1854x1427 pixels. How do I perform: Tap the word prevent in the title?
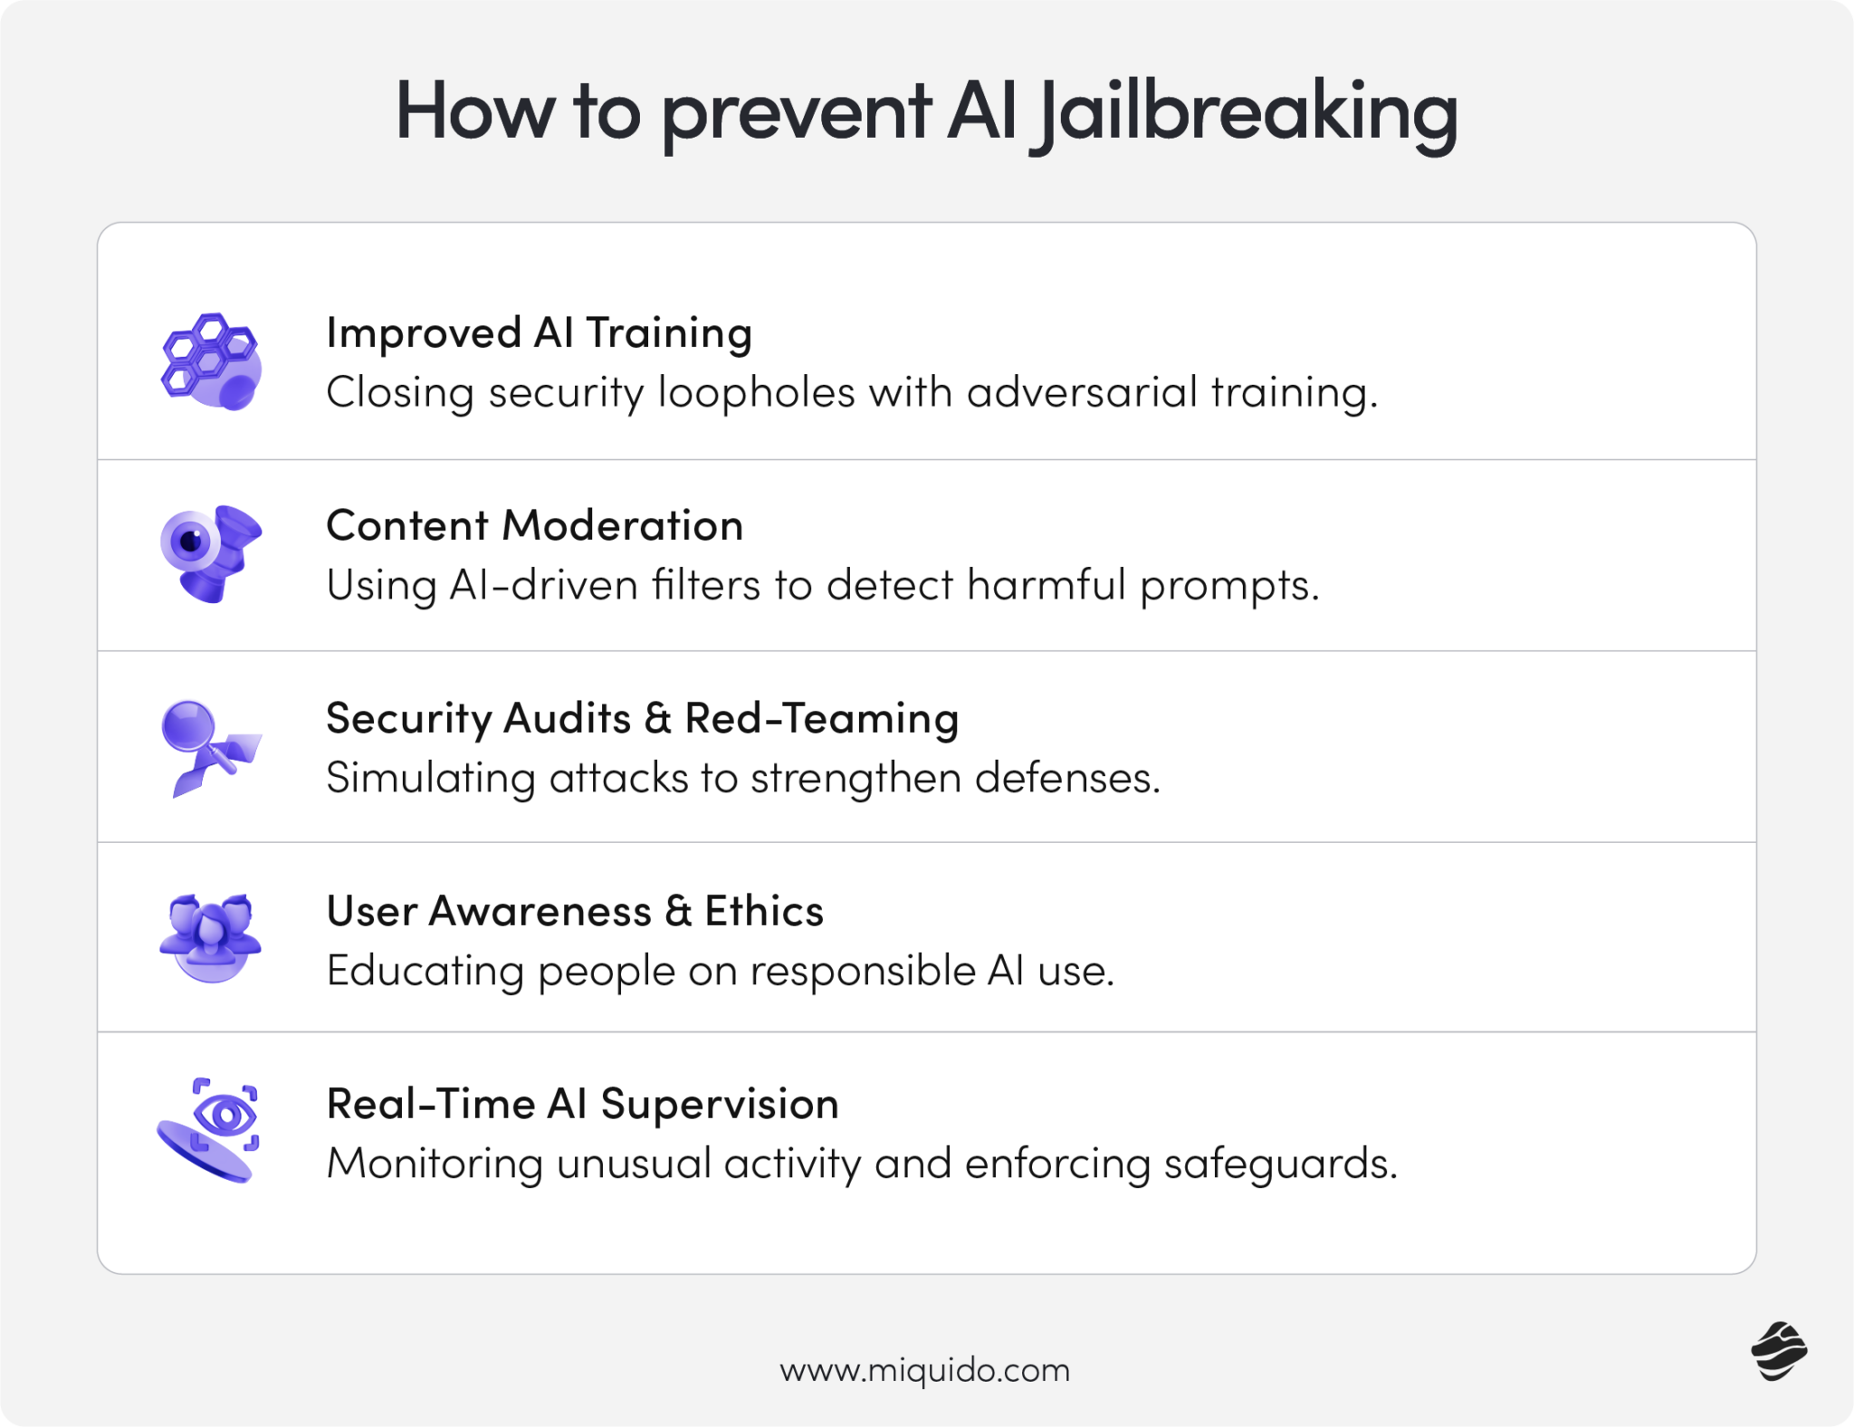pyautogui.click(x=797, y=112)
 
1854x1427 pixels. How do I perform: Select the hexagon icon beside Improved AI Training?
pyautogui.click(x=211, y=361)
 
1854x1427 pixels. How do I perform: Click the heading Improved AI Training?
pyautogui.click(x=539, y=332)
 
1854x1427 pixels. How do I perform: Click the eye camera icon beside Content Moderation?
pyautogui.click(x=211, y=552)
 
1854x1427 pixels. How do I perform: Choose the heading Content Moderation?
pyautogui.click(x=534, y=525)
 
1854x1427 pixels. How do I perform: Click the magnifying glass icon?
pyautogui.click(x=211, y=747)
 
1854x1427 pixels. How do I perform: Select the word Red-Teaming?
pyautogui.click(x=821, y=718)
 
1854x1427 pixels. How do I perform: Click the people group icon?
pyautogui.click(x=211, y=937)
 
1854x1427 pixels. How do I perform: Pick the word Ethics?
pyautogui.click(x=764, y=911)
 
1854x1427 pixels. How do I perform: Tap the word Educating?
pyautogui.click(x=425, y=971)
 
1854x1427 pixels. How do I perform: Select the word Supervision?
pyautogui.click(x=720, y=1104)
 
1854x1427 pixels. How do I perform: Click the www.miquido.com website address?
pyautogui.click(x=924, y=1370)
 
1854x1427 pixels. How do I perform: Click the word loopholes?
pyautogui.click(x=756, y=393)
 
